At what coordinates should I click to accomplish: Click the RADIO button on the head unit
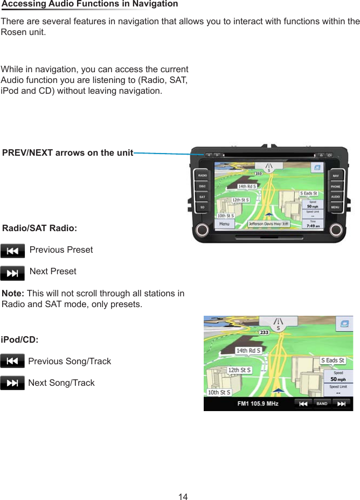pos(202,176)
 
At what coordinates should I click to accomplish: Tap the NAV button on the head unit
pos(335,176)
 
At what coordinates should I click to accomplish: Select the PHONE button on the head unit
pos(335,186)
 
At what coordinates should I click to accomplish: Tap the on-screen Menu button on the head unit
pos(224,224)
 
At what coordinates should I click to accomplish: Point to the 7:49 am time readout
pos(312,226)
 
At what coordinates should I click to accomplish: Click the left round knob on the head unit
pos(203,230)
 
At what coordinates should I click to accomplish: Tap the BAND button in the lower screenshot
pos(322,404)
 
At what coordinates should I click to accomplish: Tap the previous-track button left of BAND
pos(303,404)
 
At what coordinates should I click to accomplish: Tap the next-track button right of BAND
pos(340,404)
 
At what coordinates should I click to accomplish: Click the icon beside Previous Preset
pos(12,251)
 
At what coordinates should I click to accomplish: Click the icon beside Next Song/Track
pos(12,383)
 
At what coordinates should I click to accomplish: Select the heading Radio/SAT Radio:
pos(40,228)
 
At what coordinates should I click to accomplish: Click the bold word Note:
pos(13,294)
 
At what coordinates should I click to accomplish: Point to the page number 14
pos(183,496)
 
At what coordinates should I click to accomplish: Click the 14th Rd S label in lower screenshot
pos(248,351)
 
